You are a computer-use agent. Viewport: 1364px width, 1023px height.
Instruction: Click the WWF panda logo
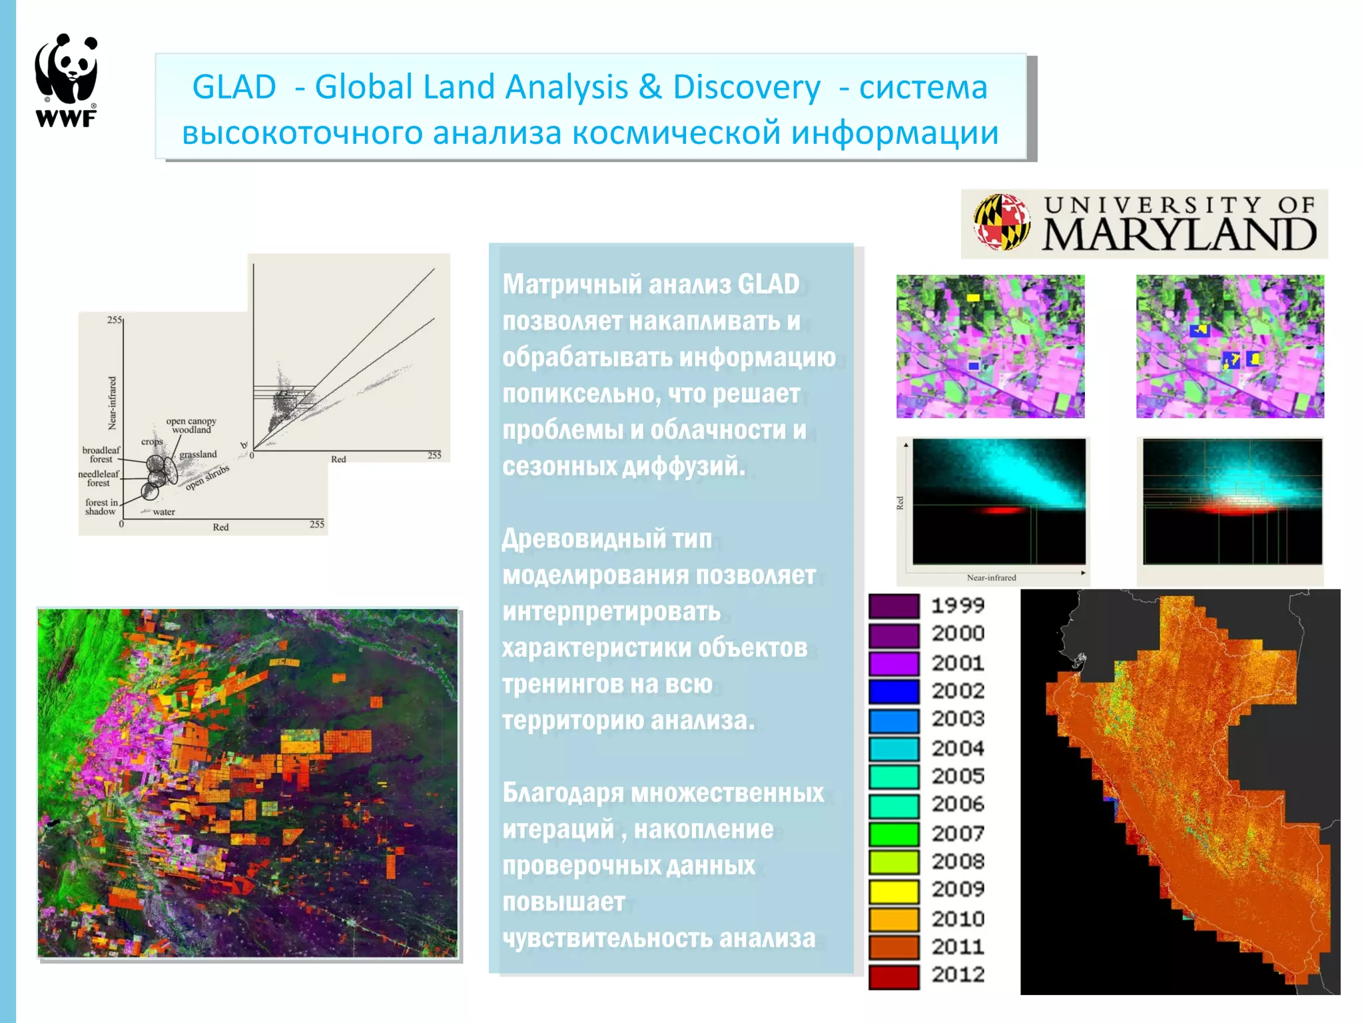click(x=66, y=80)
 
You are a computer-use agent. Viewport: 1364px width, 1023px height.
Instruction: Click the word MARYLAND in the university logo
click(x=1179, y=235)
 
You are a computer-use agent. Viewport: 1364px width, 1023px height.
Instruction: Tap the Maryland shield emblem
click(x=1001, y=222)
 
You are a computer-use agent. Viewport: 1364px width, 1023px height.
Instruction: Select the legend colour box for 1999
click(x=894, y=606)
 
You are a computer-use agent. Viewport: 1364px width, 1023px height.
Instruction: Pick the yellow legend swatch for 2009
click(x=894, y=890)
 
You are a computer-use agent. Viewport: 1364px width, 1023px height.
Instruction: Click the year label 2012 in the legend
click(x=958, y=975)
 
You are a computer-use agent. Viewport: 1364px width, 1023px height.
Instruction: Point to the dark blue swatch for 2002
click(x=894, y=691)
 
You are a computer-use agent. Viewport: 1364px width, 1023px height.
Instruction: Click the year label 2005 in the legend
click(x=958, y=777)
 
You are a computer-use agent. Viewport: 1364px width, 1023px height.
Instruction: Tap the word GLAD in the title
click(x=234, y=87)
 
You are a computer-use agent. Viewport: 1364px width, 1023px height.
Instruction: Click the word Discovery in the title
click(x=746, y=87)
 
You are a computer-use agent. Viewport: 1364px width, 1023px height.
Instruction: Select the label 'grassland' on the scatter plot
click(x=198, y=454)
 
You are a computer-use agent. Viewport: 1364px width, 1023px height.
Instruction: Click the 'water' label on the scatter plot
click(x=164, y=512)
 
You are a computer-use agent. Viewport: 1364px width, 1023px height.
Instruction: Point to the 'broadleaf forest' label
click(x=101, y=454)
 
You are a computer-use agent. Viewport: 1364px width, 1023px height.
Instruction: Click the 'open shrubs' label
click(x=207, y=478)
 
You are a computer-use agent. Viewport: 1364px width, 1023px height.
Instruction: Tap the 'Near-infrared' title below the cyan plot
click(x=991, y=577)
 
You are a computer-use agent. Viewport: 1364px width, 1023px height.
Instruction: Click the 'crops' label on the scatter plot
click(x=152, y=442)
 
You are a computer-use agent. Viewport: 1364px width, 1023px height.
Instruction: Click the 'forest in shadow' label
click(x=101, y=507)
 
